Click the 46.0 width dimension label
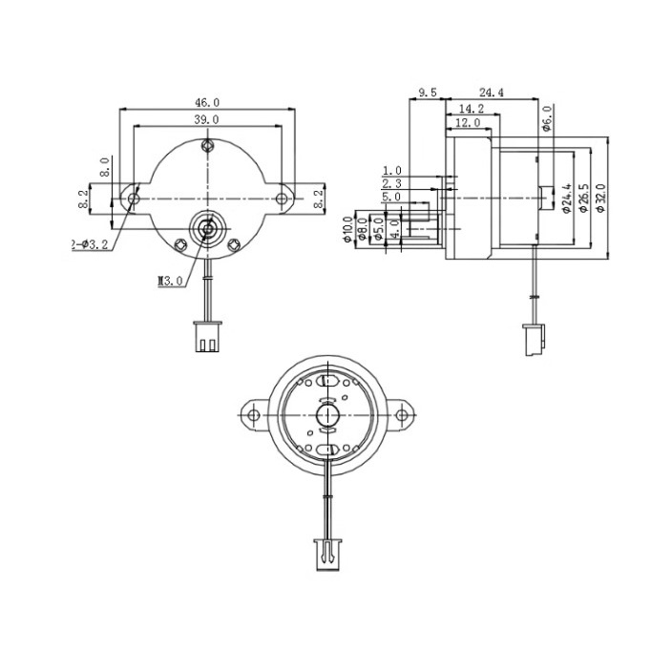point(207,102)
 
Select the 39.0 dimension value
point(207,119)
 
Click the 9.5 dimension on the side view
point(427,93)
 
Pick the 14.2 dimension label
point(470,109)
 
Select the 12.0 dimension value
point(467,123)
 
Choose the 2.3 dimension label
point(391,182)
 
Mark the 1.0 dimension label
point(391,169)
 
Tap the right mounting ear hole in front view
point(283,199)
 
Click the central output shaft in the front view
point(207,228)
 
